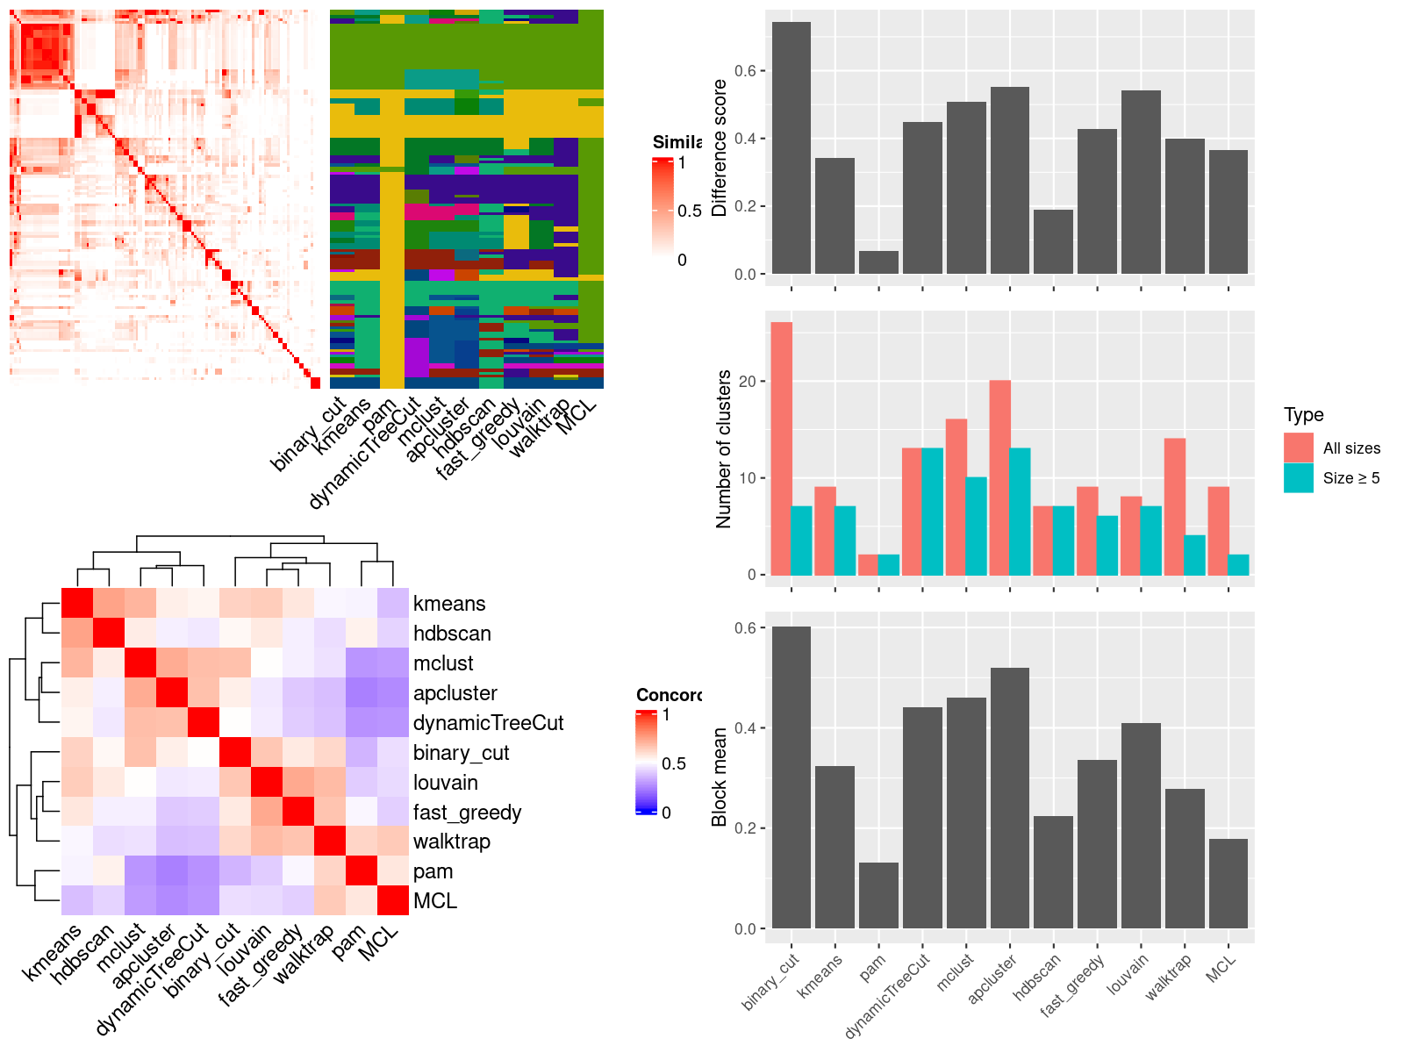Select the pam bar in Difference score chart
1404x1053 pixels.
pos(878,262)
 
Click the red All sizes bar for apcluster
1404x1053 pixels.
pos(999,477)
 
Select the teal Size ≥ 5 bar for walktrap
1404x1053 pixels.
pos(1194,555)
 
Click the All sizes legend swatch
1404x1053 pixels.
pos(1298,448)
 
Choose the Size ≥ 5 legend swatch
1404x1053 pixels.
pos(1298,477)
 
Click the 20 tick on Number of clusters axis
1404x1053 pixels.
pos(747,382)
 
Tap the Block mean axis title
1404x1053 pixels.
pos(720,777)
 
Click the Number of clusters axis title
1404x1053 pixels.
pos(724,448)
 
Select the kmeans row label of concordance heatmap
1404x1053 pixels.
pos(449,604)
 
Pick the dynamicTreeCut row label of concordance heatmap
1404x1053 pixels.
pos(488,723)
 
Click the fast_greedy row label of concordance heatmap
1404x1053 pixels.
pos(467,813)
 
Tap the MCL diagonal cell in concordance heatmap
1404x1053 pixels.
pos(393,901)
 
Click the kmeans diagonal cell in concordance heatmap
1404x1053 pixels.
pos(76,604)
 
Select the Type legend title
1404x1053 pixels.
pos(1303,415)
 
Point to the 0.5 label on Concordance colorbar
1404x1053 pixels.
pos(674,763)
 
